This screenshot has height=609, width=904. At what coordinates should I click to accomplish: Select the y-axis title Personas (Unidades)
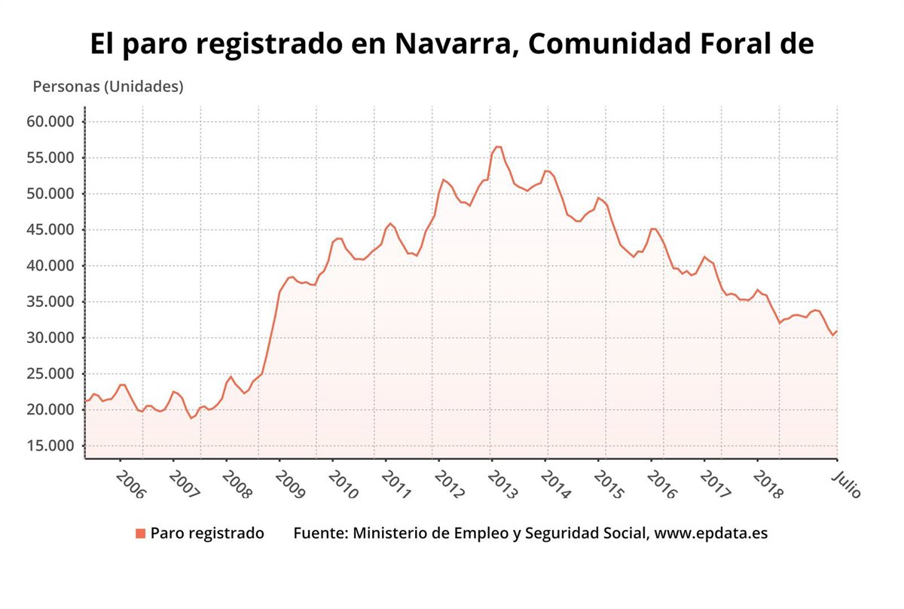[x=108, y=87]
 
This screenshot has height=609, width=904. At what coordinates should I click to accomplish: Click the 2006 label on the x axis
[x=132, y=486]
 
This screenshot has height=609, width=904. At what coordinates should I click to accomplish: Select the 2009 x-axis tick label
[x=290, y=486]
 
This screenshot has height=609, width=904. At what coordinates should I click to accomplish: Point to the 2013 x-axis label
[x=502, y=486]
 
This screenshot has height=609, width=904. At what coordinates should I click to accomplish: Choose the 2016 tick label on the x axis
[x=662, y=486]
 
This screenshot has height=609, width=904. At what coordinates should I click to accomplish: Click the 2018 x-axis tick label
[x=768, y=486]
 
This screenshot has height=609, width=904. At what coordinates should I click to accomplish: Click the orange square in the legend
[x=140, y=534]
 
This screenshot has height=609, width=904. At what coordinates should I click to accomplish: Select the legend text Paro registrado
[x=207, y=534]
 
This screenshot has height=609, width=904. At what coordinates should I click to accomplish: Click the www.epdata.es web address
[x=711, y=534]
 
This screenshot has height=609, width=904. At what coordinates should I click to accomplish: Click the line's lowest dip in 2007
[x=191, y=418]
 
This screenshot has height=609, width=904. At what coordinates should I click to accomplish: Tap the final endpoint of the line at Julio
[x=837, y=331]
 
